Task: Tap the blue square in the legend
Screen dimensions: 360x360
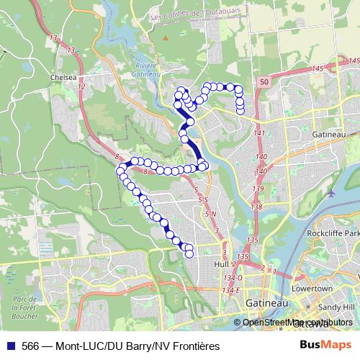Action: click(x=11, y=346)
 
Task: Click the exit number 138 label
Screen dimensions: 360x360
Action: click(x=256, y=207)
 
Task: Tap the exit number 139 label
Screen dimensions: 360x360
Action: click(x=258, y=188)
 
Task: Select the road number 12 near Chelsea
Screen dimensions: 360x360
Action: click(x=81, y=86)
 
